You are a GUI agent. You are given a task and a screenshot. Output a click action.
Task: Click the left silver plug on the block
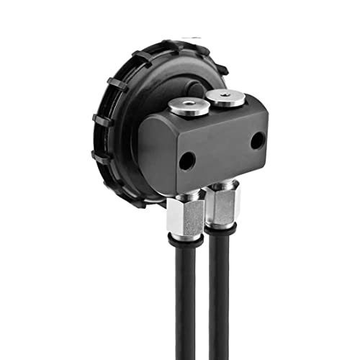coord(189,108)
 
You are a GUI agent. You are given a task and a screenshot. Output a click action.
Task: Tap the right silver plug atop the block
coord(224,98)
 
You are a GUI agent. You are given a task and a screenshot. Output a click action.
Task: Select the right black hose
coord(220,302)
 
